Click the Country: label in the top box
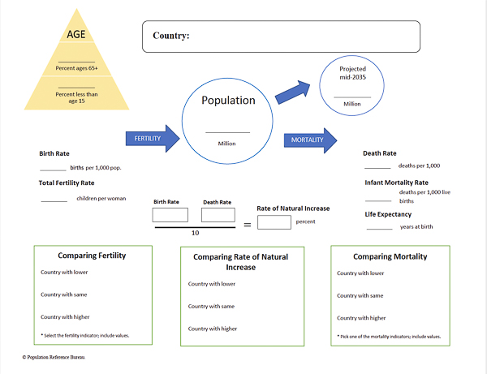(171, 36)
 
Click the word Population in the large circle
(227, 101)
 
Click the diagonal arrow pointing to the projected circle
(293, 92)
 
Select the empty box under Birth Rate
(170, 215)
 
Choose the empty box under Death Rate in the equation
(218, 215)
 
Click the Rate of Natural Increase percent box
(274, 221)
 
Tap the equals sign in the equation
(247, 224)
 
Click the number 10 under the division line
(195, 232)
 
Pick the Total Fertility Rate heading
(67, 183)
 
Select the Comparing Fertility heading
(91, 255)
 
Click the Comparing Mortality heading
(390, 256)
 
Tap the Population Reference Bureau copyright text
(55, 356)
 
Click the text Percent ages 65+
(76, 67)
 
